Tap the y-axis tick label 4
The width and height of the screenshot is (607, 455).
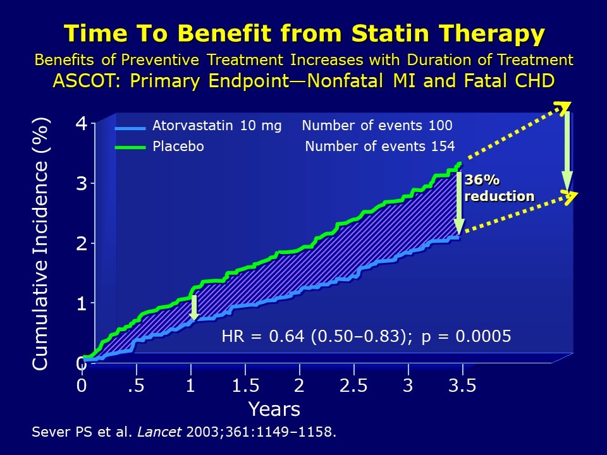coord(82,123)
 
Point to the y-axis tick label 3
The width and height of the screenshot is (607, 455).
coord(82,183)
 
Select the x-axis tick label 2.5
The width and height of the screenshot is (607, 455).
coord(353,385)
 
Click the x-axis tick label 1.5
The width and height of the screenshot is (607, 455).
coord(245,385)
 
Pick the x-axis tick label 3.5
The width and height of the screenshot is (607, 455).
coord(462,385)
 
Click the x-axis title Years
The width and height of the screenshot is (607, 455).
coord(274,409)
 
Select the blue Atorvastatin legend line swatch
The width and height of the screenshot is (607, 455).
coord(130,128)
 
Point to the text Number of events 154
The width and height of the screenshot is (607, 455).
coord(379,147)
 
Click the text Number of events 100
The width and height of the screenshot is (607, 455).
coord(377,126)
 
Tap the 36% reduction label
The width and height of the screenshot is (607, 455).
coord(498,188)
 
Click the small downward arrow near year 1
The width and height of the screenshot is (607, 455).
coord(194,307)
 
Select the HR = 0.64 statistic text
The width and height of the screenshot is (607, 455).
coord(265,336)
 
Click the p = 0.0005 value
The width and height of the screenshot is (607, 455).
coord(466,336)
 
